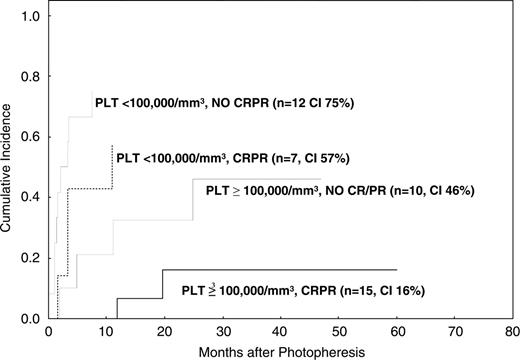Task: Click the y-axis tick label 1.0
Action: point(32,17)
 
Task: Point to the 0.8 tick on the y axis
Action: point(32,77)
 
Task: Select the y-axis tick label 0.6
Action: point(32,137)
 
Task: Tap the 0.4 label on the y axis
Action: point(32,197)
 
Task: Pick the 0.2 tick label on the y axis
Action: point(32,258)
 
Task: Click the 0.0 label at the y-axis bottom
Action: point(32,318)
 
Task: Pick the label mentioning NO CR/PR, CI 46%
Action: point(339,190)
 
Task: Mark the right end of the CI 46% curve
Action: point(321,179)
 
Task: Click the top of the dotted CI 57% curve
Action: point(112,147)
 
